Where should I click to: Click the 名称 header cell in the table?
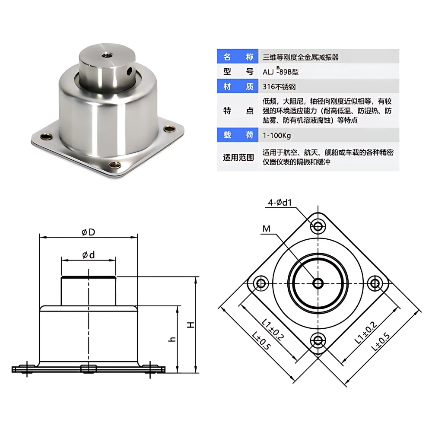click(238, 57)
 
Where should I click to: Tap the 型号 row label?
click(238, 72)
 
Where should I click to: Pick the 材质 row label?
click(238, 86)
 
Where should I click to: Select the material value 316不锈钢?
click(279, 86)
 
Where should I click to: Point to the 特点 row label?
click(238, 111)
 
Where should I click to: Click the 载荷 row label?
click(238, 136)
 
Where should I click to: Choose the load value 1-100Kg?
click(276, 136)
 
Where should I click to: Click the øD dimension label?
click(88, 232)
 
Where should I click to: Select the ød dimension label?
click(88, 255)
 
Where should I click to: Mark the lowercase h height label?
click(172, 340)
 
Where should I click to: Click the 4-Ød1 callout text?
click(280, 202)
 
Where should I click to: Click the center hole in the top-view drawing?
click(318, 283)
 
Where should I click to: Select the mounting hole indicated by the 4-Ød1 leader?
click(318, 226)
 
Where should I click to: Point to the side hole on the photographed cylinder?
click(127, 69)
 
